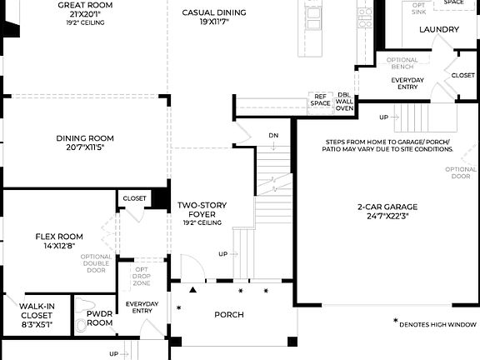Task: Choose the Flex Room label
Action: pyautogui.click(x=59, y=236)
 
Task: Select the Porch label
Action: pyautogui.click(x=229, y=314)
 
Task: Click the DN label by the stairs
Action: pyautogui.click(x=273, y=135)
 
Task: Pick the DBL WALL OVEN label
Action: pyautogui.click(x=344, y=102)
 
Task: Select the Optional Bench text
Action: pyautogui.click(x=402, y=63)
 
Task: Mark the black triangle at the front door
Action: pyautogui.click(x=193, y=291)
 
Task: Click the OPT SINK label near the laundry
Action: pyautogui.click(x=418, y=9)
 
